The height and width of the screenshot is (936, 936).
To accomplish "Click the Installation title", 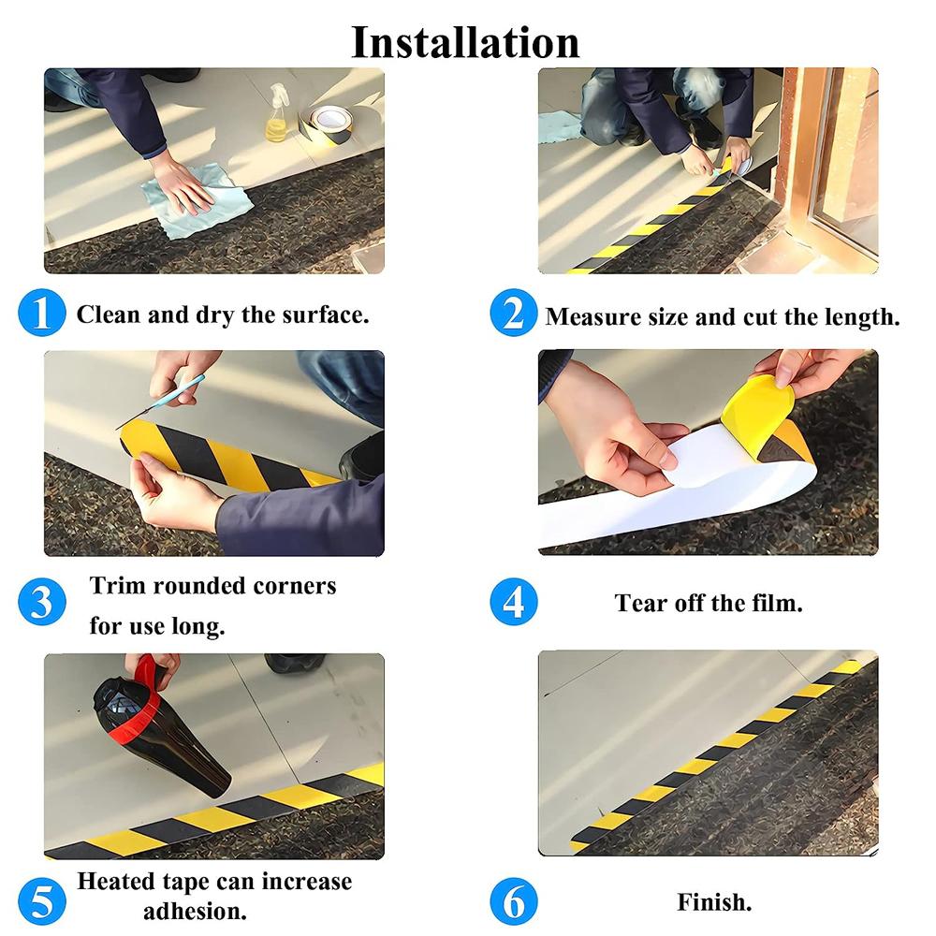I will pos(465,43).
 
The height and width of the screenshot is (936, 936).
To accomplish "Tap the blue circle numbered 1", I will pos(42,313).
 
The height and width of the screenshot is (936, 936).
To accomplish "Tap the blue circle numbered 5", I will pos(42,900).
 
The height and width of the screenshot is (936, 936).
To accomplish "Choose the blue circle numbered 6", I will pos(514,902).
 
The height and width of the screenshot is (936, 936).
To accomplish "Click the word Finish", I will pos(714,902).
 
